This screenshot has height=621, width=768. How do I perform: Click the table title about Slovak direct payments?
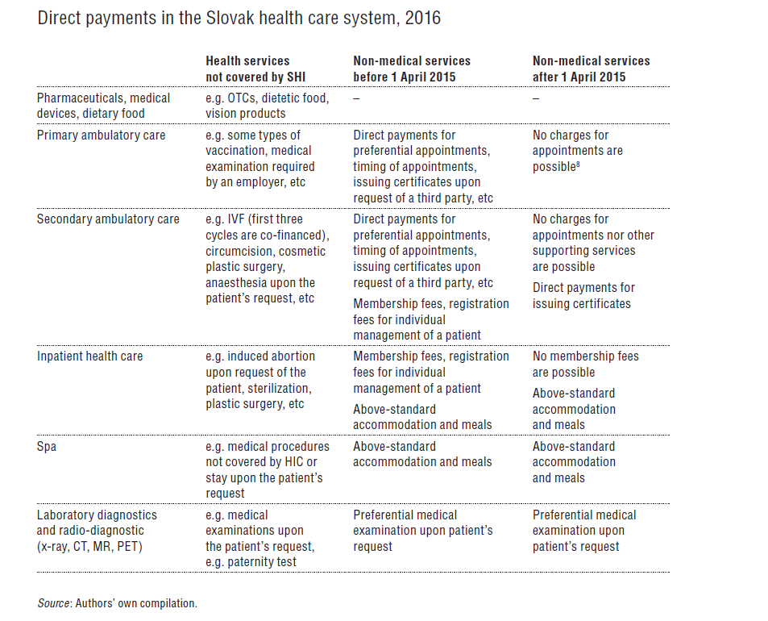coord(239,18)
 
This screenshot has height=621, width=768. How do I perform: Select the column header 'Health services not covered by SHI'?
coord(247,69)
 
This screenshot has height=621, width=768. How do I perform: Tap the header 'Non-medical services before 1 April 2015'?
coord(412,69)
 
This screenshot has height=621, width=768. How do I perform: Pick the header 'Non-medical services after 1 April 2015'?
coord(591,69)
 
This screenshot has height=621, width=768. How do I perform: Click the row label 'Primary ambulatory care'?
coord(101,135)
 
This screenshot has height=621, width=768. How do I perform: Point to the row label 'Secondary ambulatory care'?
coord(108,219)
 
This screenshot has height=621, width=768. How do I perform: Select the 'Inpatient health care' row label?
coord(89,356)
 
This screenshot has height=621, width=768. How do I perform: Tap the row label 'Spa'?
coord(47,447)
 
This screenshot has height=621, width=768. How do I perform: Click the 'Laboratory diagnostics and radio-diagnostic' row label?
coord(97,523)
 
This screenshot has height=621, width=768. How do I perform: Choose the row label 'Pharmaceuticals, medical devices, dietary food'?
coord(103,106)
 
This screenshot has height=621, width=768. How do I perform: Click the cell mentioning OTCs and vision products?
coord(267,106)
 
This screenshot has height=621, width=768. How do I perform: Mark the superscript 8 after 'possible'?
coord(578,164)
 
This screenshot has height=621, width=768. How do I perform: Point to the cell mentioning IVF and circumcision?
coord(266,259)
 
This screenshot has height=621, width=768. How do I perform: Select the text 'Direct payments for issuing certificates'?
coord(583,296)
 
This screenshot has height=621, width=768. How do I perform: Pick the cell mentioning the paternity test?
coord(260,538)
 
